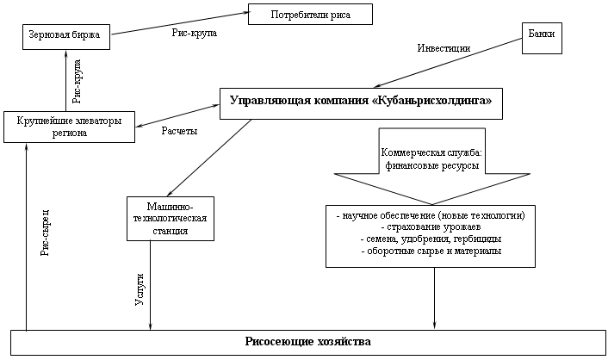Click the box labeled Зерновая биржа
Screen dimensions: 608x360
tap(66, 37)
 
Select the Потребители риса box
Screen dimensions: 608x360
tap(310, 15)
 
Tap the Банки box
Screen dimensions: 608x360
tap(542, 38)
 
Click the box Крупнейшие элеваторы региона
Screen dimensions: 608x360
tap(70, 127)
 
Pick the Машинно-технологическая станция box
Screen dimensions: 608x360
tap(171, 219)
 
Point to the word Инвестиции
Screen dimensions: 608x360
tap(444, 48)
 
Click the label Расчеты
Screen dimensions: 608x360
tap(179, 131)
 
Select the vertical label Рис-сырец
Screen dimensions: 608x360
tap(46, 233)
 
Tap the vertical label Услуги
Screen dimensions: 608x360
tap(140, 289)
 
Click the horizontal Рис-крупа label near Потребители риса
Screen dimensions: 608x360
tap(195, 33)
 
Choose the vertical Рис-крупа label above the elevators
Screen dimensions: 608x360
tap(77, 81)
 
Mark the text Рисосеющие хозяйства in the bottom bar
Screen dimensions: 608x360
tap(308, 342)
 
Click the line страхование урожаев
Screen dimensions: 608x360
tap(431, 227)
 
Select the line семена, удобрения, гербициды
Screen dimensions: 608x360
tap(431, 239)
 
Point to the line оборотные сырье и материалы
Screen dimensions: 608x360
tap(431, 251)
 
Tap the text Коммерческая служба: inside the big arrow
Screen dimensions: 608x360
tap(431, 152)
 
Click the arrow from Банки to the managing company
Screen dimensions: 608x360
tap(448, 63)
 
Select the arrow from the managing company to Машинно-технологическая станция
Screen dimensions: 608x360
tap(209, 158)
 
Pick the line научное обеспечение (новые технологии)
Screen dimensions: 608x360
tap(431, 215)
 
